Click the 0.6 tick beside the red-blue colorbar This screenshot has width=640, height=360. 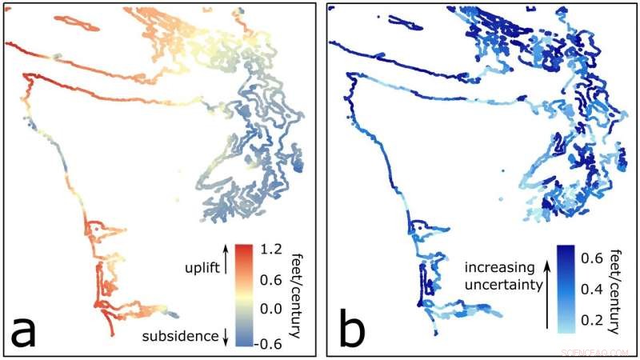coord(270,280)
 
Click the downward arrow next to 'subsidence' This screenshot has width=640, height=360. coord(226,337)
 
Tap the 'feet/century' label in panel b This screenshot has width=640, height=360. coord(618,289)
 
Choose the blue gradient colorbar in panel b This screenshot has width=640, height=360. coord(567,288)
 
